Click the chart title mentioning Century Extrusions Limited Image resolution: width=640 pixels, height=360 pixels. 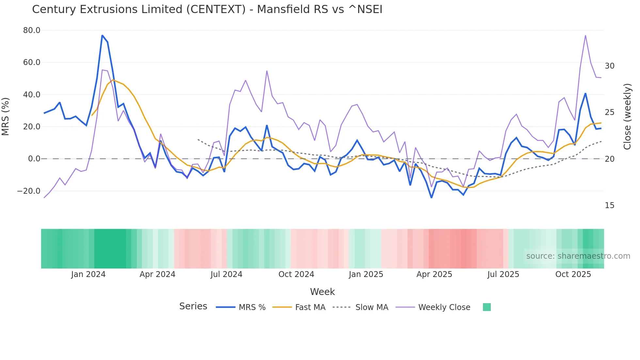207,9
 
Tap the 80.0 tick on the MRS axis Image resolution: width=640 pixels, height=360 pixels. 32,30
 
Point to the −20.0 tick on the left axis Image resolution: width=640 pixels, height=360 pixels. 29,191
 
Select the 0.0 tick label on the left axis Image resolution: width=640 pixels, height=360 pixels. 34,159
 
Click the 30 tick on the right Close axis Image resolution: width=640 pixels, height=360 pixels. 609,66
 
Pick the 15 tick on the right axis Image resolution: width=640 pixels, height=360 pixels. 609,205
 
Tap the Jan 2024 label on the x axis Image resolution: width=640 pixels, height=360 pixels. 88,274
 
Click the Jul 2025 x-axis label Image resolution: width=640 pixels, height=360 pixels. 503,274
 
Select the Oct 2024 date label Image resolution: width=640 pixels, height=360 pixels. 296,274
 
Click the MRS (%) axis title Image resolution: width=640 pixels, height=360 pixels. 6,116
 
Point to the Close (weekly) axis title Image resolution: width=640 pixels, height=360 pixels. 627,116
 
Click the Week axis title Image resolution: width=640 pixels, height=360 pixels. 322,292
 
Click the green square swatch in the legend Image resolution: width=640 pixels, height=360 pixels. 487,307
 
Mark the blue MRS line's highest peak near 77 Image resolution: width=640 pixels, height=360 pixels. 102,35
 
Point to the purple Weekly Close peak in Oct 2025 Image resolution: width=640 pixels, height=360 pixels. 585,35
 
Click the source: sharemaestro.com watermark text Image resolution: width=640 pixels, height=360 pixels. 578,256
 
